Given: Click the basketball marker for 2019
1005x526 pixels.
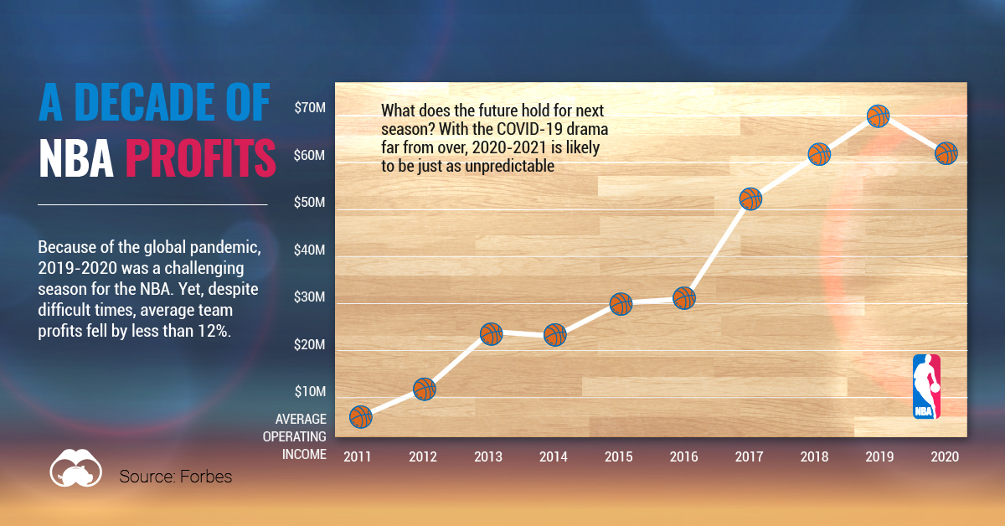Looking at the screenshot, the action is tap(878, 116).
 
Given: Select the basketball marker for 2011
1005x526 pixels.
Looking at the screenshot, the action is tap(361, 417).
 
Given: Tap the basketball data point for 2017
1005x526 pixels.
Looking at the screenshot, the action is tap(750, 199).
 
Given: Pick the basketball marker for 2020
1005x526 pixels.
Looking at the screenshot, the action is tap(946, 153).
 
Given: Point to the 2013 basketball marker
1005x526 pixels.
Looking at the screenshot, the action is tap(492, 334).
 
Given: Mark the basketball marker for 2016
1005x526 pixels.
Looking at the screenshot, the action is tap(684, 298).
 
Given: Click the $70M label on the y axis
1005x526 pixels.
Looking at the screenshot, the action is tap(310, 108).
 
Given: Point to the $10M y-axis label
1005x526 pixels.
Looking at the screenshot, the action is tap(310, 391).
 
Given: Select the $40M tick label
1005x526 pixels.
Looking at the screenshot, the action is tap(309, 250).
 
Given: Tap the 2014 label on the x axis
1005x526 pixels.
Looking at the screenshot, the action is tap(554, 456).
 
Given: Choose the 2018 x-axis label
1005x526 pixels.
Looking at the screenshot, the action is tap(814, 456).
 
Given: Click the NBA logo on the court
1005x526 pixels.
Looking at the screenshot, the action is tap(926, 386).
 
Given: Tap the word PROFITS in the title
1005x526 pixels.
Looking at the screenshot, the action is tap(200, 157).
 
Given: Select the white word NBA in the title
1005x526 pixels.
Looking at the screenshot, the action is tap(76, 157).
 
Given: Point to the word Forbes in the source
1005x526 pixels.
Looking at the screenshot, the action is tap(206, 477).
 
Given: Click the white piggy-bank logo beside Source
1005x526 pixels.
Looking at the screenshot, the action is tap(76, 467).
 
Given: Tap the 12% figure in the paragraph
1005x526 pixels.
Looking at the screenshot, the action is tap(214, 331).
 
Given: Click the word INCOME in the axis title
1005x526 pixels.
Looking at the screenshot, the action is tap(304, 454).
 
